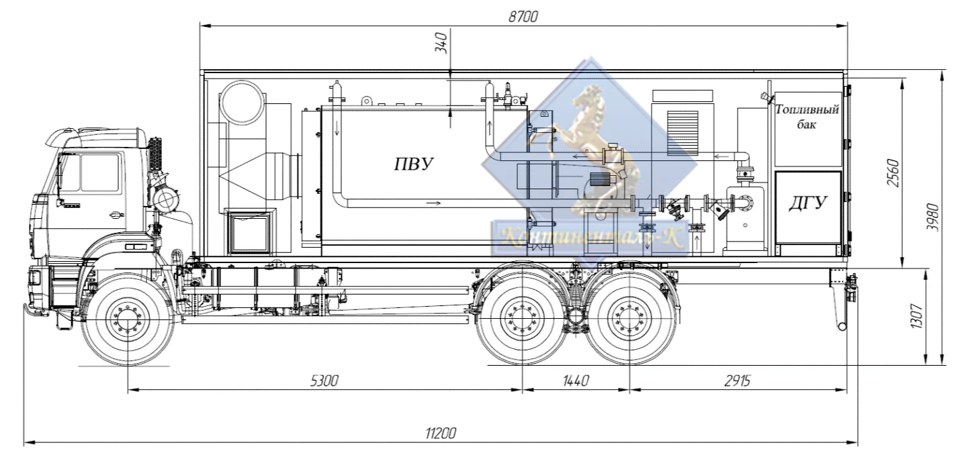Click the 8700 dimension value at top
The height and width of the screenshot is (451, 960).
coord(523,17)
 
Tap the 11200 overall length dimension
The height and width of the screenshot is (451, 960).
coord(441,434)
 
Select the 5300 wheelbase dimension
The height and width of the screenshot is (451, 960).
coord(324,381)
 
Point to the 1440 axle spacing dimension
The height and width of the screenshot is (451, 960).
coord(576,381)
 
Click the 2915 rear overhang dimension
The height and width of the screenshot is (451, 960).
coord(737,381)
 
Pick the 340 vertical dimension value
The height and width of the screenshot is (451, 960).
coord(441,43)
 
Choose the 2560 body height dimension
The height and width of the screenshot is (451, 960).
coord(893,172)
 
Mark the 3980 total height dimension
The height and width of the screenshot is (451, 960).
coord(932,217)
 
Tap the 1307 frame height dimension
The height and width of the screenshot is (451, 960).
coord(916,316)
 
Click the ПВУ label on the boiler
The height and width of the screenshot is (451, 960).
coord(414,164)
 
